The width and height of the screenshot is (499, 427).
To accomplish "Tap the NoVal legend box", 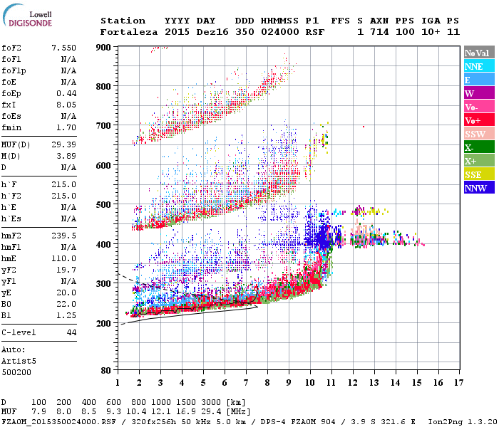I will [478, 53].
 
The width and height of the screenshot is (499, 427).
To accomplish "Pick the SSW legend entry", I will [478, 134].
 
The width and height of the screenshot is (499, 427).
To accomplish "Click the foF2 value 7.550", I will [64, 47].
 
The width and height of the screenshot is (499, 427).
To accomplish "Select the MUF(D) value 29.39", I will [64, 144].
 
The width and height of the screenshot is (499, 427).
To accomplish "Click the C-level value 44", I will [71, 332].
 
